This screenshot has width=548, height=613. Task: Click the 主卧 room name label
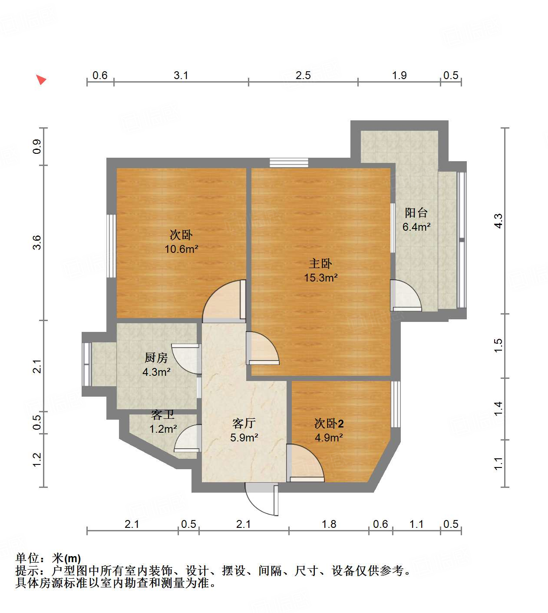[x=320, y=263]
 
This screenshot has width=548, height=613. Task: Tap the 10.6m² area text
[x=181, y=249]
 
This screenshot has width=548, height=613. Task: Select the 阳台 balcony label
[x=416, y=212]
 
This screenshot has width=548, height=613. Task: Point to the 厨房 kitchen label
[x=156, y=358]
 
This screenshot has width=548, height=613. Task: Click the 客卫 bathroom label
[x=162, y=415]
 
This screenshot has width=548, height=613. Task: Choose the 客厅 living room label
[x=244, y=423]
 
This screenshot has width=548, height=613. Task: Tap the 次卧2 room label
[x=329, y=423]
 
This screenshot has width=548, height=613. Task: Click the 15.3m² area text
[x=321, y=278]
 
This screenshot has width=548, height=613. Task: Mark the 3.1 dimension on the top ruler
[x=181, y=75]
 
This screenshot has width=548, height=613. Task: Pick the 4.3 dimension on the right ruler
[x=498, y=221]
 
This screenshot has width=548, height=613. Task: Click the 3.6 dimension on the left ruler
[x=37, y=242]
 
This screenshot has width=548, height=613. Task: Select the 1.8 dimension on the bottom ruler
[x=329, y=524]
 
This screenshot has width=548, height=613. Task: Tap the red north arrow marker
[x=41, y=80]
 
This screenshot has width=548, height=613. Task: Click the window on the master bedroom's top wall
[x=289, y=162]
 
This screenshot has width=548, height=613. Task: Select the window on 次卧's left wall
[x=111, y=245]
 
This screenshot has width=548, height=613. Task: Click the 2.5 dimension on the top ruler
[x=303, y=75]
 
